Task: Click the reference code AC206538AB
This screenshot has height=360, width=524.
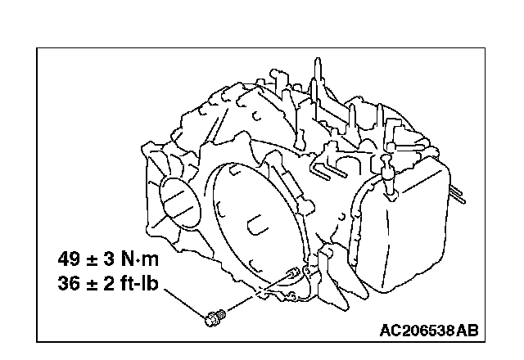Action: click(x=429, y=331)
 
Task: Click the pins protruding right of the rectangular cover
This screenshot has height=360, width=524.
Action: click(x=458, y=194)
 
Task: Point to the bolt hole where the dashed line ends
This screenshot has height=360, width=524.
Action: click(x=293, y=273)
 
